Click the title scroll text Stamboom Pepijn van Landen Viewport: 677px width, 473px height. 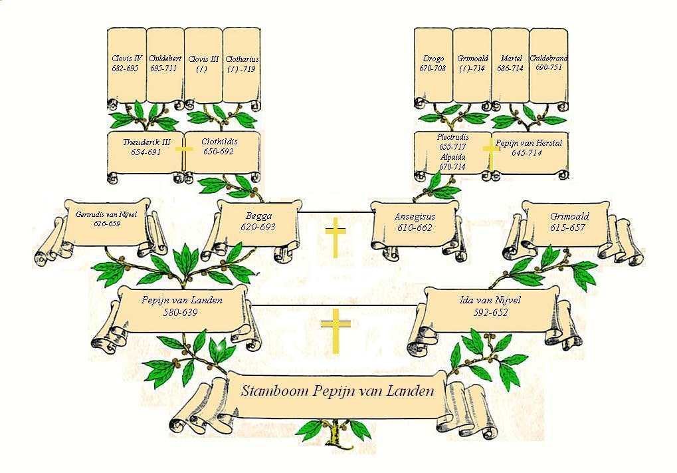point(337,391)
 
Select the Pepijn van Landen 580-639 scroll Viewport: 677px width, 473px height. point(181,307)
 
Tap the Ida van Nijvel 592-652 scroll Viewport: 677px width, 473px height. point(490,307)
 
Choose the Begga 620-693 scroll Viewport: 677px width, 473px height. point(258,222)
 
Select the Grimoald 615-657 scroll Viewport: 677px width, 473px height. point(569,222)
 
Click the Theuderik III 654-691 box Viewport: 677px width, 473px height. point(145,148)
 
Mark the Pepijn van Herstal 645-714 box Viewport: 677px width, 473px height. point(529,148)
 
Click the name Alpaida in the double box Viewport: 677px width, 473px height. point(452,157)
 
